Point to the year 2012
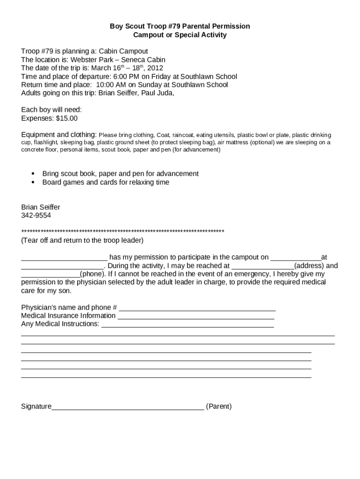coord(155,68)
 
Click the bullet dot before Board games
coord(33,182)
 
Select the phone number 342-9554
coord(36,216)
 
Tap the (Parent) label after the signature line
coord(219,406)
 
